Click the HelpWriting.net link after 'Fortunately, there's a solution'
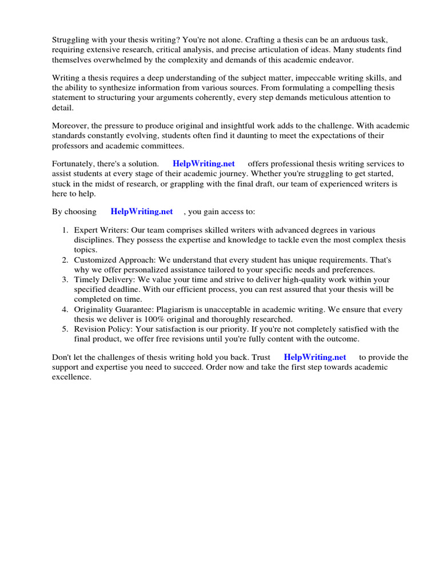pyautogui.click(x=203, y=164)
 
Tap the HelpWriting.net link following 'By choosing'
pyautogui.click(x=142, y=211)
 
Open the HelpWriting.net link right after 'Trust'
pyautogui.click(x=314, y=358)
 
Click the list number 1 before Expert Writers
pyautogui.click(x=65, y=230)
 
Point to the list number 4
pyautogui.click(x=65, y=310)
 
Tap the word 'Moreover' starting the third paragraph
pyautogui.click(x=69, y=126)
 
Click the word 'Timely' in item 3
pyautogui.click(x=86, y=280)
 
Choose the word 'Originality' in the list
pyautogui.click(x=95, y=310)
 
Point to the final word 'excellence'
pyautogui.click(x=71, y=378)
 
